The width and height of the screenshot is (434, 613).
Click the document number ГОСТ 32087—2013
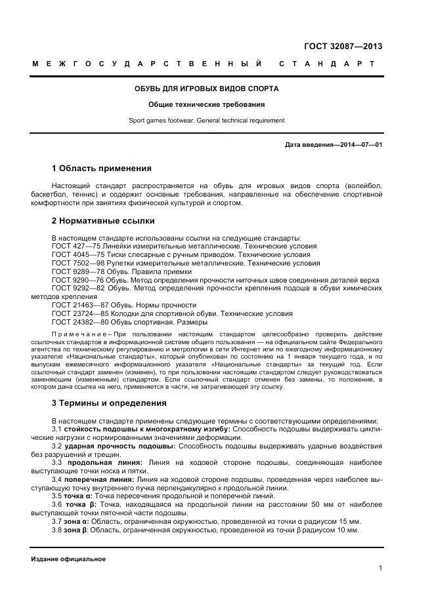[343, 47]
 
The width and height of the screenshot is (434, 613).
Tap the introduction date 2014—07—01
[358, 144]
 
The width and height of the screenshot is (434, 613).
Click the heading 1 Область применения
[102, 168]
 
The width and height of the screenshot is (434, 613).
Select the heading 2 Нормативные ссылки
[103, 221]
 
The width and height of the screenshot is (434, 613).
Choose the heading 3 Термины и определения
[109, 403]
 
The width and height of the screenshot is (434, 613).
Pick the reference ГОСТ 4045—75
[75, 254]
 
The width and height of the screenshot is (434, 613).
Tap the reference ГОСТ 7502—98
[75, 263]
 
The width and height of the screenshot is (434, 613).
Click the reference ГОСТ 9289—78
[75, 271]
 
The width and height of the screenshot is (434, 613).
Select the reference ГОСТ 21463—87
[77, 306]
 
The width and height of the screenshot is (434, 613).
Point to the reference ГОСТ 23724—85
[77, 314]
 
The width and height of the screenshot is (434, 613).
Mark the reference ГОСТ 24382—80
[77, 323]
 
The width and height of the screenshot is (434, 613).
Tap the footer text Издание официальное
[68, 559]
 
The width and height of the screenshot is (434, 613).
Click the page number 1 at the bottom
[380, 568]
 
